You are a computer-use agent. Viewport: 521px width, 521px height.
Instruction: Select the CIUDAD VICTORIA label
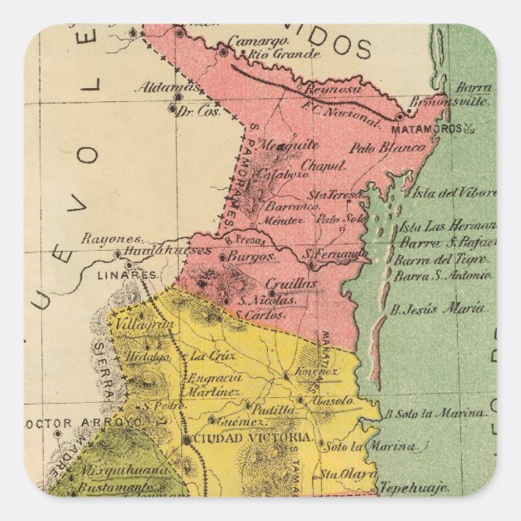point(240,438)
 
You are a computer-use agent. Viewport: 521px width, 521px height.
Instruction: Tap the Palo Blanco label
point(388,148)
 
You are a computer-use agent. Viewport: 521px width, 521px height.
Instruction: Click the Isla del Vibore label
point(453,193)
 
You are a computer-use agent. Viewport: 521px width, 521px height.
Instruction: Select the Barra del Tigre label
point(441,260)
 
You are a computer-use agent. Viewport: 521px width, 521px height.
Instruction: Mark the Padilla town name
point(267,410)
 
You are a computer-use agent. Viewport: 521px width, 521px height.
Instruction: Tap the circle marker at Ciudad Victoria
point(187,439)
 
